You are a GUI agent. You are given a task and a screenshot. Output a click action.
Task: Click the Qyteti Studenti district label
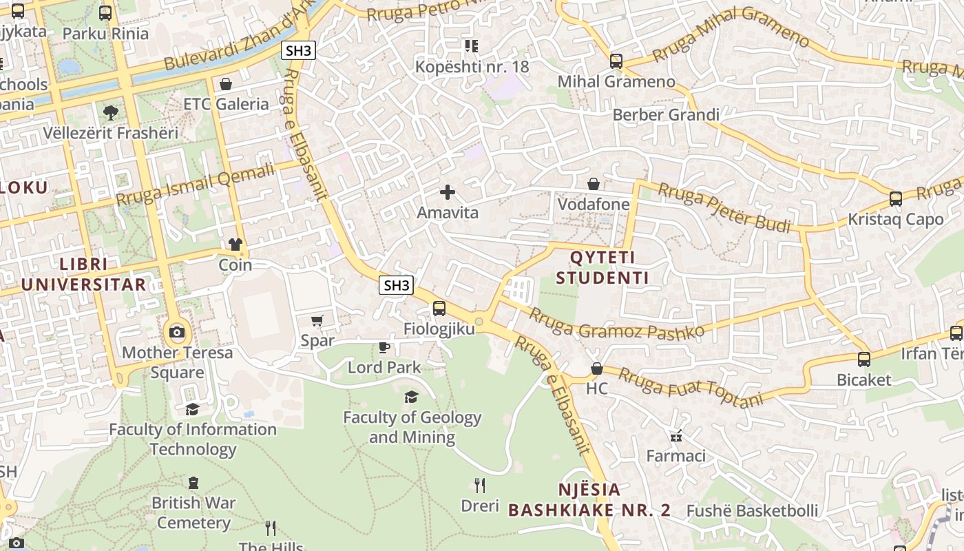(602, 268)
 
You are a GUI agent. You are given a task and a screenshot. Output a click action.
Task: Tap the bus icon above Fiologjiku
(439, 309)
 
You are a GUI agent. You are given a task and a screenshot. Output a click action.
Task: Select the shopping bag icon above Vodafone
(594, 184)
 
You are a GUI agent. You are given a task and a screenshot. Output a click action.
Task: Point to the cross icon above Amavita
(448, 192)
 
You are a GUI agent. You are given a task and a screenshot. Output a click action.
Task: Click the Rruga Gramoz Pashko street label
(616, 322)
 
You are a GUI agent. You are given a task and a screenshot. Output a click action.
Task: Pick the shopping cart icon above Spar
(317, 320)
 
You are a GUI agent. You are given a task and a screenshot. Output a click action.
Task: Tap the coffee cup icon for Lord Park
(384, 347)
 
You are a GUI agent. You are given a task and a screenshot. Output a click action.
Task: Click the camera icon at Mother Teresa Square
(177, 333)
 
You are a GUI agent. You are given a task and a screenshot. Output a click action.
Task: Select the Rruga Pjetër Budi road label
(724, 207)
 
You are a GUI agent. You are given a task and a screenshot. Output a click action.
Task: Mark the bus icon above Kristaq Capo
(895, 199)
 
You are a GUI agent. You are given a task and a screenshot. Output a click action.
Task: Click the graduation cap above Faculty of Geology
(412, 397)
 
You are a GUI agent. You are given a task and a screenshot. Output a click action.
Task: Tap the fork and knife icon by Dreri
(480, 486)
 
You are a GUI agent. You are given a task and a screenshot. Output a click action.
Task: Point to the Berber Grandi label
(665, 114)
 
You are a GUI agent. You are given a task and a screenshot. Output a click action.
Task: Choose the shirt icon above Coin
(235, 245)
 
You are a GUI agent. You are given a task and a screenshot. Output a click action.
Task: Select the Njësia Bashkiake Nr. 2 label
(589, 500)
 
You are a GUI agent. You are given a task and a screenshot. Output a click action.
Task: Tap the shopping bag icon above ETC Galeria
(226, 84)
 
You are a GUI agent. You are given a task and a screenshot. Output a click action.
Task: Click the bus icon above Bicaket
(863, 359)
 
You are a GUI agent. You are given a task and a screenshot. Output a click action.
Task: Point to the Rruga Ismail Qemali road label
(196, 184)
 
